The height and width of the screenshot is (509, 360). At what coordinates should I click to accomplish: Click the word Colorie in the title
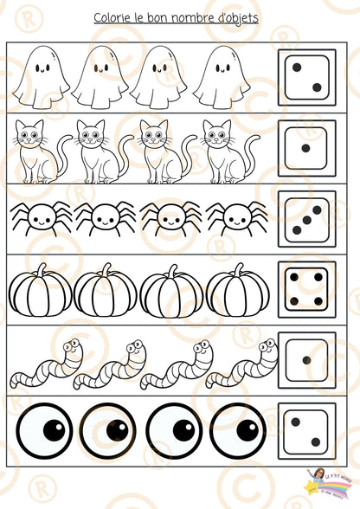click(x=113, y=18)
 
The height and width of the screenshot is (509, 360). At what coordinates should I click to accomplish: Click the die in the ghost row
click(x=306, y=76)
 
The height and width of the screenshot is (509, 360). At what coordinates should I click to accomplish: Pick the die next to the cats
click(x=306, y=147)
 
